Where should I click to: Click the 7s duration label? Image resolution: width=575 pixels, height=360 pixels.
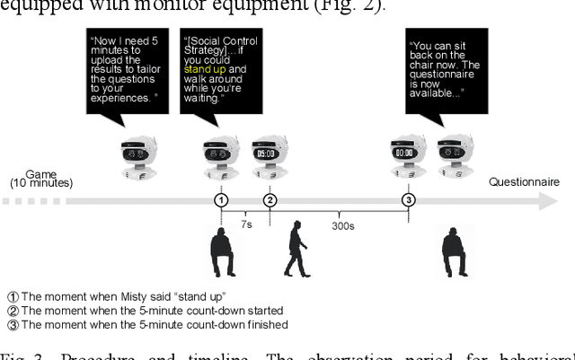pyautogui.click(x=245, y=224)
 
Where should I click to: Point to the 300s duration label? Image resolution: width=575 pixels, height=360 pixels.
pyautogui.click(x=342, y=225)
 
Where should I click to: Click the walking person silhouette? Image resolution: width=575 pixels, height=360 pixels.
pyautogui.click(x=296, y=250)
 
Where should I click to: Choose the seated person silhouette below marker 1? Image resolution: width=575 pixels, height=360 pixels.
pyautogui.click(x=222, y=253)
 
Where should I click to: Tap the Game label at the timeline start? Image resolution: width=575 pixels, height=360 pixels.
pyautogui.click(x=41, y=173)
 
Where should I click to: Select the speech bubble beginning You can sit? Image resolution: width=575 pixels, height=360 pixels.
pyautogui.click(x=447, y=69)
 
